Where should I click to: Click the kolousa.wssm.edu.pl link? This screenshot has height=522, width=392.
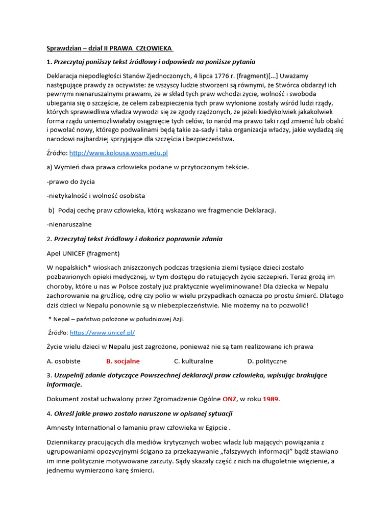tap(118, 153)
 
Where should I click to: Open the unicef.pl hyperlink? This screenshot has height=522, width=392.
tap(102, 332)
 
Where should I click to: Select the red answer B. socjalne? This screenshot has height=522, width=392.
tap(122, 361)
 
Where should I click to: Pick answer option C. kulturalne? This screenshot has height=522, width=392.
tap(193, 361)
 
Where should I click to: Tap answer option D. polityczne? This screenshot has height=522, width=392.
tap(267, 361)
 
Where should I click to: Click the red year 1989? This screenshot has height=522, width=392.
tap(272, 399)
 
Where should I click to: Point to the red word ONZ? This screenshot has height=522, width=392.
tap(229, 399)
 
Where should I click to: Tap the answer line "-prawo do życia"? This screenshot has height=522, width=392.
tap(70, 181)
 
